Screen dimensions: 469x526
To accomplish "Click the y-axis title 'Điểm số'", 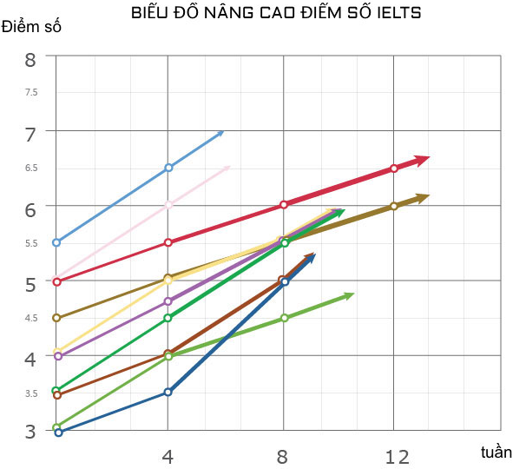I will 32,26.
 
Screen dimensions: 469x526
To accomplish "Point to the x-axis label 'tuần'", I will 496,452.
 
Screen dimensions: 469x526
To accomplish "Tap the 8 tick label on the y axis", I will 30,60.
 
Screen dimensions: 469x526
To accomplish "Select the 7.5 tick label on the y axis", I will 31,93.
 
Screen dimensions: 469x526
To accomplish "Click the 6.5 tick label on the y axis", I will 31,168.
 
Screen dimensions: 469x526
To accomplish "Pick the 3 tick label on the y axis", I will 30,432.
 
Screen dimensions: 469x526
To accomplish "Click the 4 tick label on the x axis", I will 168,456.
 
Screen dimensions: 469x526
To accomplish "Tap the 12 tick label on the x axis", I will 397,456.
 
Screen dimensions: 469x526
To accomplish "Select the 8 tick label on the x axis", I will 283,456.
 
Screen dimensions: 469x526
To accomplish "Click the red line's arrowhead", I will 422,161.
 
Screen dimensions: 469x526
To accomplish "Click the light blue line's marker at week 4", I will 168,168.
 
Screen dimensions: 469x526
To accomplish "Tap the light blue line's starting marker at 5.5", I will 56,242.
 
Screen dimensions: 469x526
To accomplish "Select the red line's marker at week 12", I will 394,168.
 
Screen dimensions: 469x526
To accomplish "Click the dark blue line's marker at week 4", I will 168,393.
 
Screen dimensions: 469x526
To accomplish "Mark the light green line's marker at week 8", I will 283,319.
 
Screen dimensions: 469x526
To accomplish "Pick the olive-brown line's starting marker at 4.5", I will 56,318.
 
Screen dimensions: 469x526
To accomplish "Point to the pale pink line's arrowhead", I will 227,168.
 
